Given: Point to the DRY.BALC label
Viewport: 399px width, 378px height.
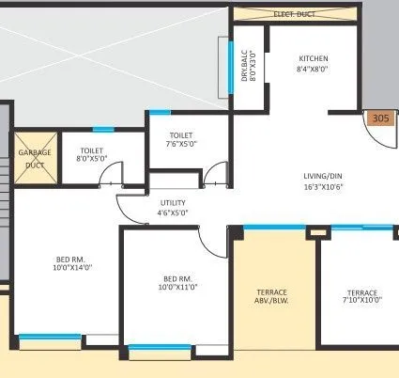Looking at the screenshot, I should point(243,65).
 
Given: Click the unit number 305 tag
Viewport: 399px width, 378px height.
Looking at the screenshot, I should point(380,118).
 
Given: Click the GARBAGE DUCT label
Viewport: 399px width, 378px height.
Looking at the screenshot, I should point(34,158).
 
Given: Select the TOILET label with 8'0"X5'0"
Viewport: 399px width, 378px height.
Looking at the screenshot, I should point(91,150).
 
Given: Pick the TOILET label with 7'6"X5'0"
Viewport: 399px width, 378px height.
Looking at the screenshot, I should point(181,135).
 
